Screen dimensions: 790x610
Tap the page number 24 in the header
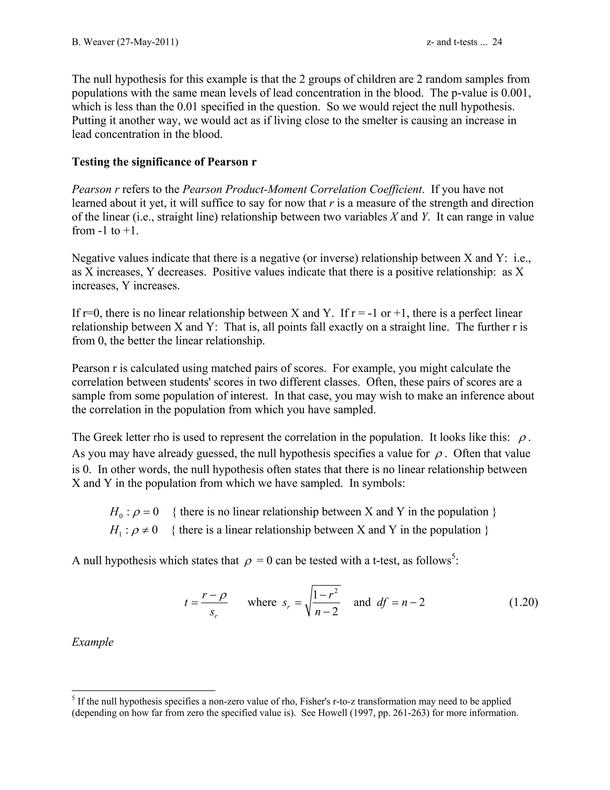click(497, 42)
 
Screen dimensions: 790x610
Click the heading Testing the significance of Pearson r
click(164, 162)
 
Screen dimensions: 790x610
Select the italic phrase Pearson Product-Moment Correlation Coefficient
click(303, 189)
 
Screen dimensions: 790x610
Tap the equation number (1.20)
click(523, 602)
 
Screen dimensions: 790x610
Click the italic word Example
click(93, 642)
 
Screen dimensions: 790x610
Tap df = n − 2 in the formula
click(400, 602)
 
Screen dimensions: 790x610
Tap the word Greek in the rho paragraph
click(108, 437)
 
